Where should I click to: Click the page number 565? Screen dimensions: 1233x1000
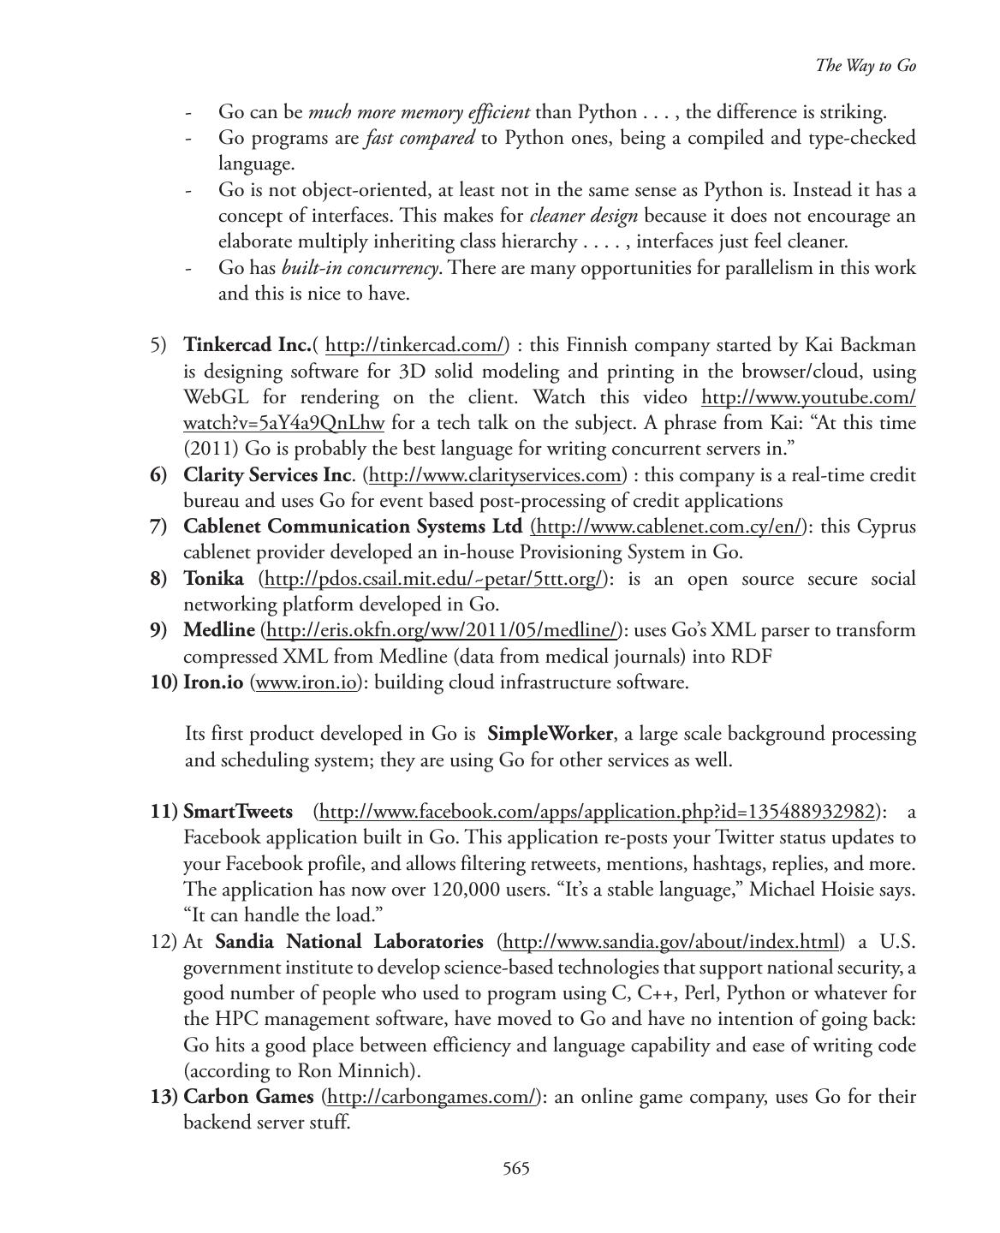pyautogui.click(x=516, y=1169)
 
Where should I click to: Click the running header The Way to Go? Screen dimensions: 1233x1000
pyautogui.click(x=866, y=66)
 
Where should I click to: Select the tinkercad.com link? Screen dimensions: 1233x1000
pyautogui.click(x=415, y=346)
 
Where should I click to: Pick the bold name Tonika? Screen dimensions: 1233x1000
pyautogui.click(x=213, y=579)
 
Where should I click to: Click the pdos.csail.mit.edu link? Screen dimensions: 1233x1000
pyautogui.click(x=435, y=579)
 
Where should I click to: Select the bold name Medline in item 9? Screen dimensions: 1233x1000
pyautogui.click(x=219, y=630)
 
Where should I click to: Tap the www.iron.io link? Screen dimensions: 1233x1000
pyautogui.click(x=306, y=682)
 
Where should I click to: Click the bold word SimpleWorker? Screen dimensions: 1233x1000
pyautogui.click(x=550, y=734)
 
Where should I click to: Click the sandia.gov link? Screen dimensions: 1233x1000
pyautogui.click(x=670, y=942)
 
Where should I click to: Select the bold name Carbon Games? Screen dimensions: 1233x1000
pyautogui.click(x=248, y=1097)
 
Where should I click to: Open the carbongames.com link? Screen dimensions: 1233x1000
pyautogui.click(x=432, y=1097)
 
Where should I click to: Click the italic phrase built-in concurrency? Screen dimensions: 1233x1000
pyautogui.click(x=360, y=268)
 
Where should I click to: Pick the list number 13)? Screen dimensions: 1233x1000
pyautogui.click(x=164, y=1097)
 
